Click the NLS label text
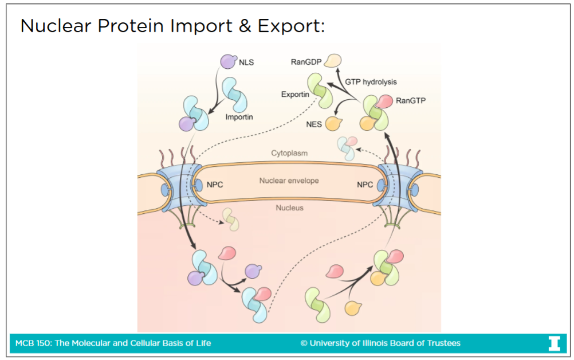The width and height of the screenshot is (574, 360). (246, 62)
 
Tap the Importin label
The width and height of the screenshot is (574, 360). (239, 117)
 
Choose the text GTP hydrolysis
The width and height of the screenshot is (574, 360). (371, 82)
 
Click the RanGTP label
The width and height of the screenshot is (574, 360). (411, 100)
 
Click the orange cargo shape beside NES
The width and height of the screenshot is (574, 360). (333, 123)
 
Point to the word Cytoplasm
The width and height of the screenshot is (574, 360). (289, 153)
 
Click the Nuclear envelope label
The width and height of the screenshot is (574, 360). (289, 181)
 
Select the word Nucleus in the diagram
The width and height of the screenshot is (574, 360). (289, 208)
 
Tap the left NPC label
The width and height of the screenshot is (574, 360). (214, 185)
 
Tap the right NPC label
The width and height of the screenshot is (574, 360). (365, 185)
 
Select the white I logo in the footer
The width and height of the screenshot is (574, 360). (554, 343)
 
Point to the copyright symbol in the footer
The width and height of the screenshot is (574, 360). (304, 343)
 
